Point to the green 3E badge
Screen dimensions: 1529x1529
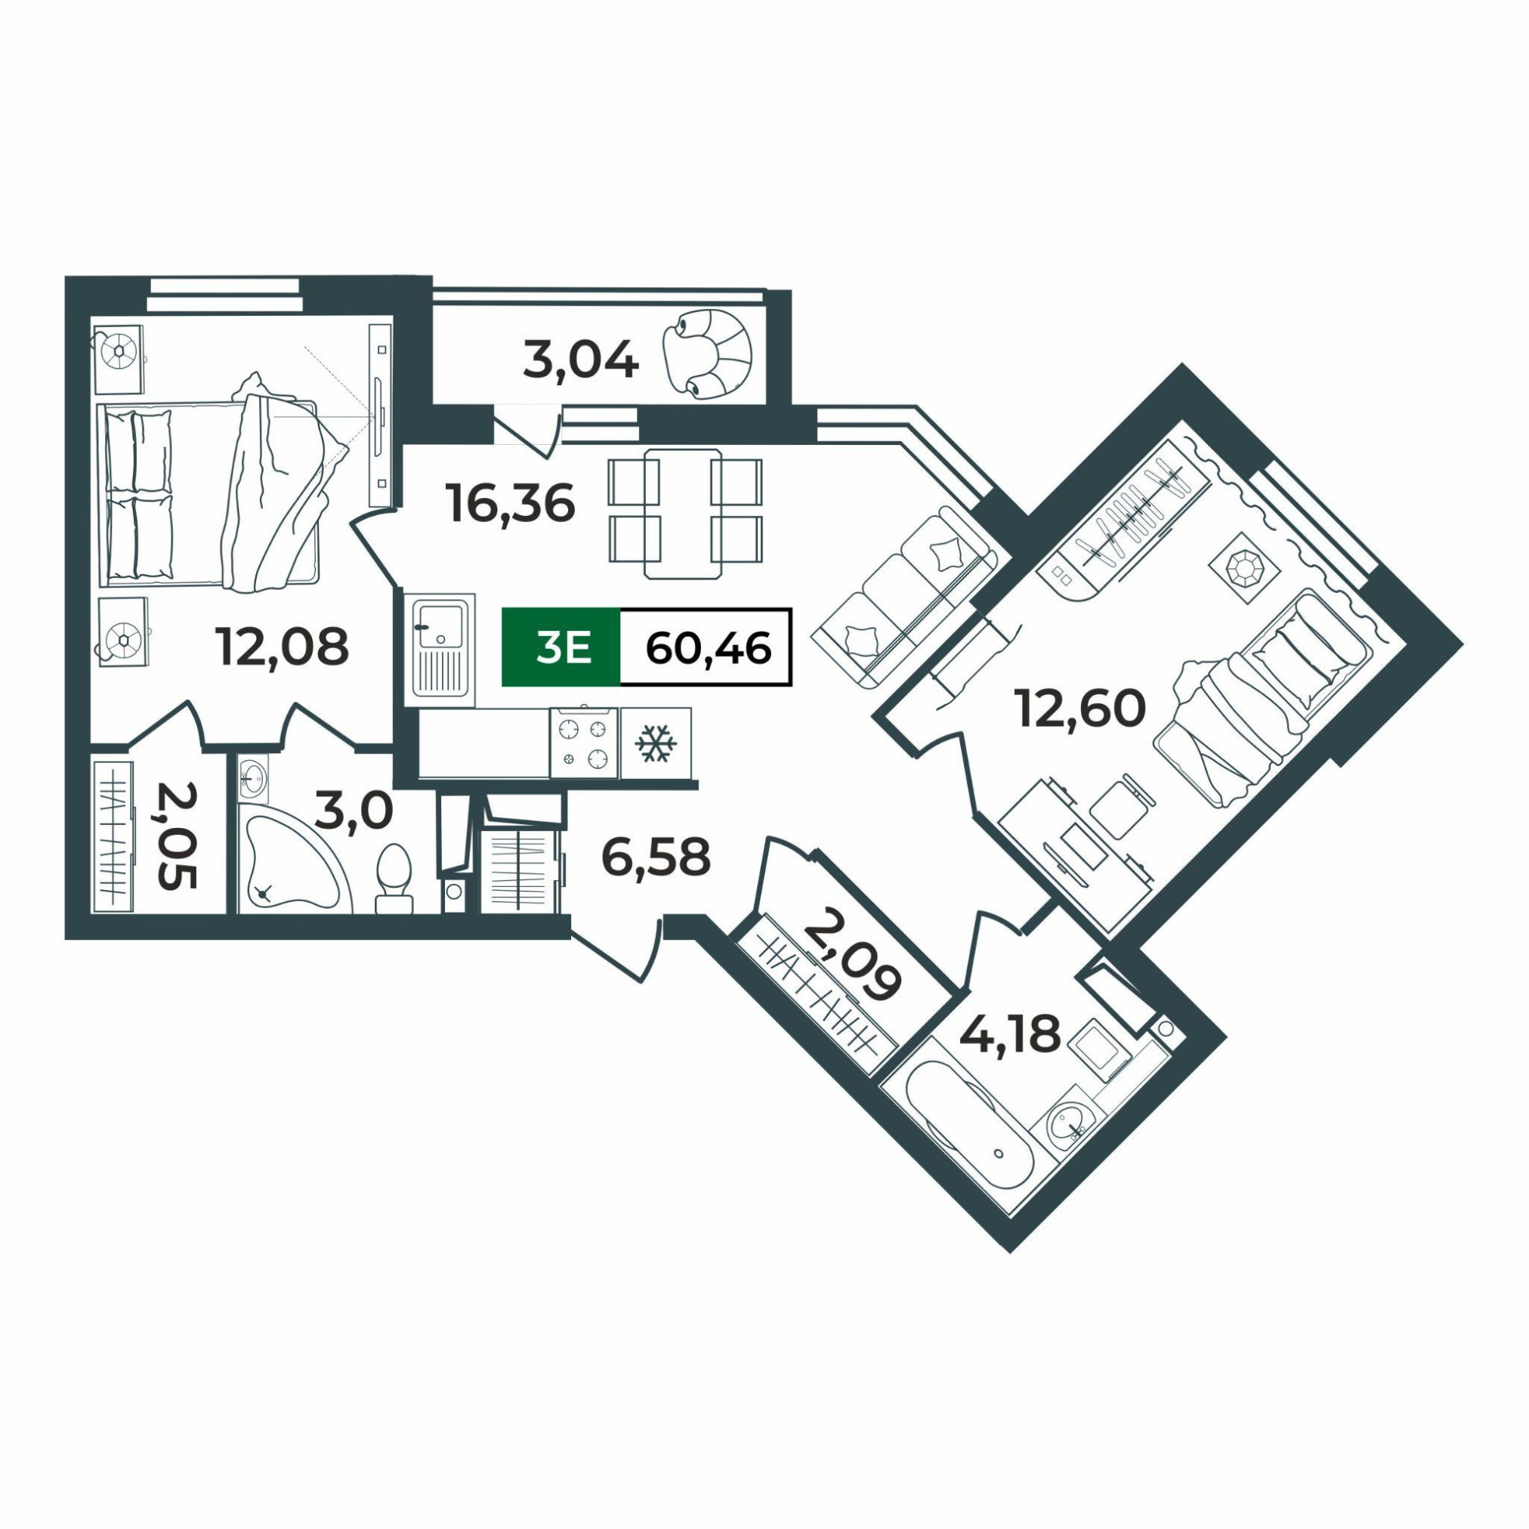(561, 647)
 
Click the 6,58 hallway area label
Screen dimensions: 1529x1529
(655, 857)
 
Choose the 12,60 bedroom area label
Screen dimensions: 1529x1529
(1080, 709)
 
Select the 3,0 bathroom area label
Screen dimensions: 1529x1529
(353, 812)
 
